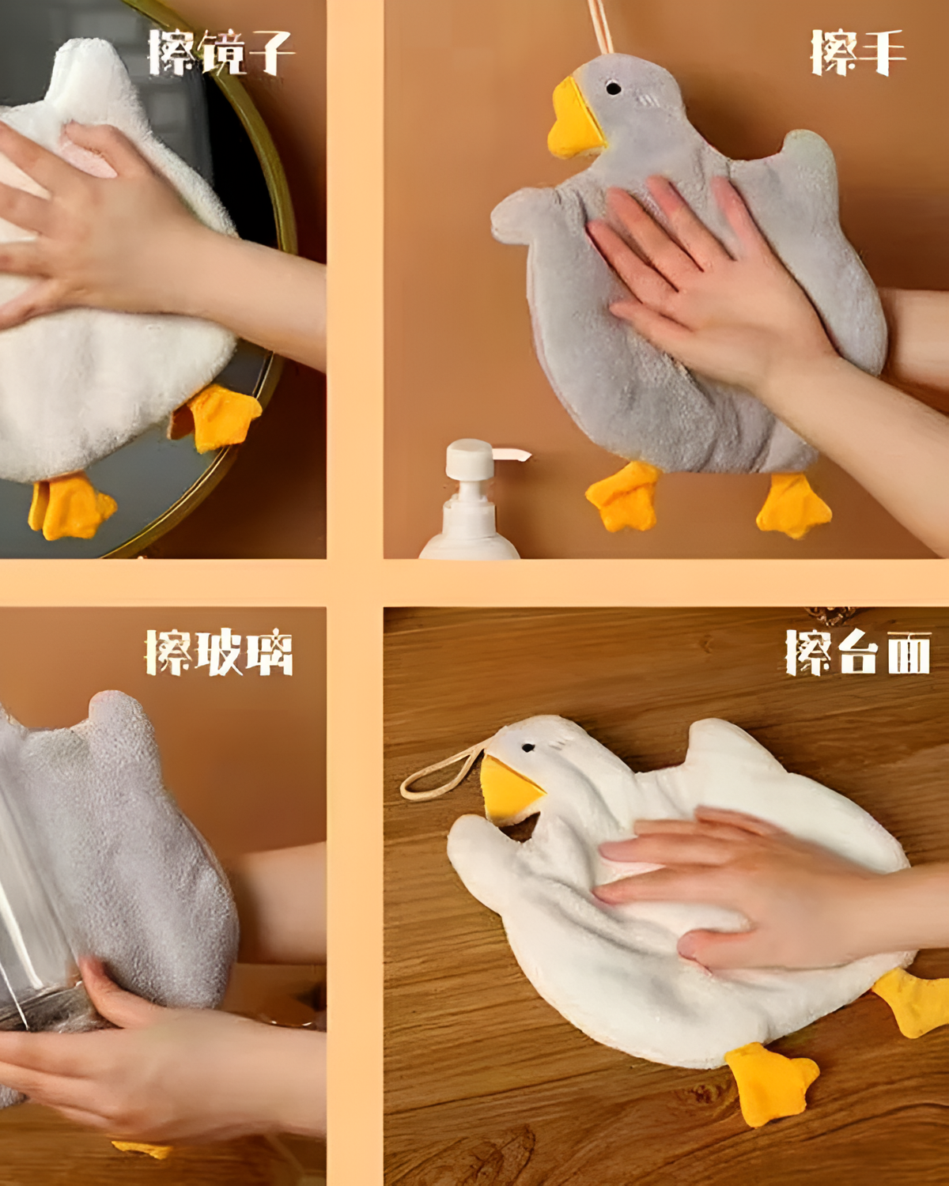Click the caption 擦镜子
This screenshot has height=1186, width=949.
pyautogui.click(x=220, y=52)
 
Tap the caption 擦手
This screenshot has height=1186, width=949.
pyautogui.click(x=857, y=52)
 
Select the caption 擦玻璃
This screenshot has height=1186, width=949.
pyautogui.click(x=218, y=652)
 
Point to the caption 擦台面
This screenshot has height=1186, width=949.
pyautogui.click(x=858, y=652)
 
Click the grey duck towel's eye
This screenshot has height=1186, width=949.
pyautogui.click(x=613, y=88)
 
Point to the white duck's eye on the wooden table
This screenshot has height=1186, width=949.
pyautogui.click(x=527, y=748)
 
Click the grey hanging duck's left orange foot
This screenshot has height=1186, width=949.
pyautogui.click(x=624, y=496)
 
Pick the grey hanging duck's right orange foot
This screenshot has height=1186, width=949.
pyautogui.click(x=793, y=506)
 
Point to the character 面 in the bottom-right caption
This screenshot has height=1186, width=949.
pyautogui.click(x=909, y=652)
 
